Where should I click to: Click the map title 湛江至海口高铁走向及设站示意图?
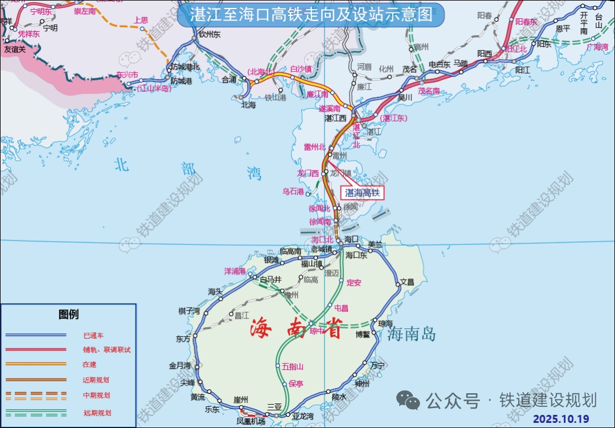(310, 14)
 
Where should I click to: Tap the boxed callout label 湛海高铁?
(363, 193)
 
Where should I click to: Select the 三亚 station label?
(274, 406)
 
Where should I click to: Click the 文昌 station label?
(407, 282)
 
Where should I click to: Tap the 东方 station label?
(183, 339)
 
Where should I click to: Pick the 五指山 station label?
(293, 366)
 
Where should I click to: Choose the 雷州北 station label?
(314, 147)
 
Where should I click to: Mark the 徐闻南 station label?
(320, 221)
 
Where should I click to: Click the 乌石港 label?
(293, 191)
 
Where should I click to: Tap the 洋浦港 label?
(235, 271)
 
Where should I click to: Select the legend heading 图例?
(68, 314)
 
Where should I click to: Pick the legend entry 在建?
(89, 364)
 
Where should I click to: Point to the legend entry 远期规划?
(97, 413)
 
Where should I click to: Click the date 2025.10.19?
(561, 418)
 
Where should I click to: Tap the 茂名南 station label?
(429, 91)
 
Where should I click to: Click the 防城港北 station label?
(185, 67)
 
